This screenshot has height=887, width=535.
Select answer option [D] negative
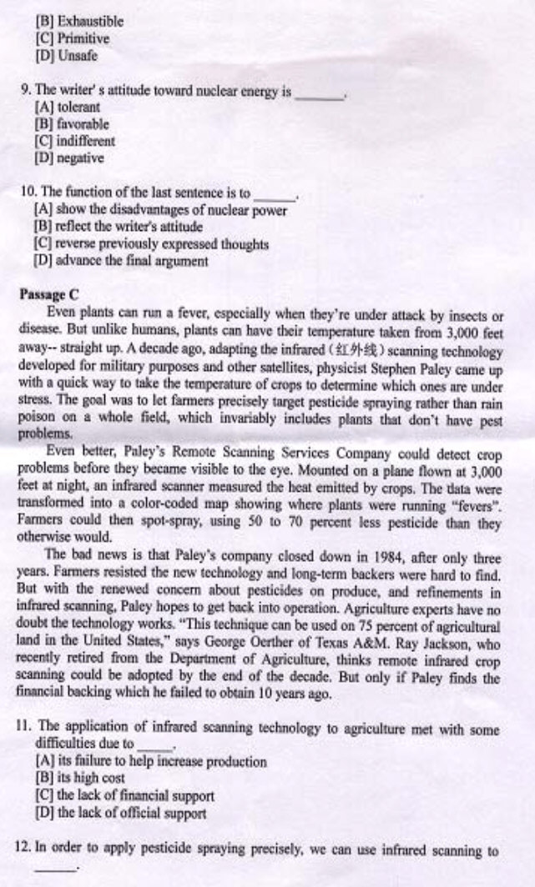click(x=69, y=158)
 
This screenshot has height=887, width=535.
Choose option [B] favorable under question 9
click(x=72, y=124)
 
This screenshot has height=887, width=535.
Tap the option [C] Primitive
click(x=73, y=38)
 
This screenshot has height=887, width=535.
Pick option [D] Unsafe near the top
click(x=67, y=56)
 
